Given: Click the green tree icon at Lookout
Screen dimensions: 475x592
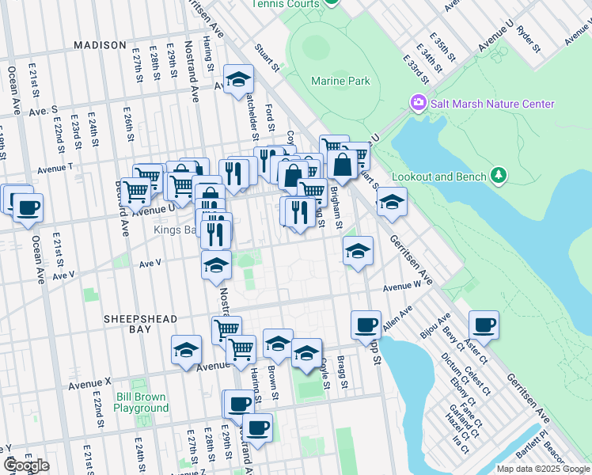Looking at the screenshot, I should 499,174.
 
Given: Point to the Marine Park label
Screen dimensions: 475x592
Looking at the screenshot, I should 340,82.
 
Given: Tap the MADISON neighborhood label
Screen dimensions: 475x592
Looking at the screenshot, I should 100,45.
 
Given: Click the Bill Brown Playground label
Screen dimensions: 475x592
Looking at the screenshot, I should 141,402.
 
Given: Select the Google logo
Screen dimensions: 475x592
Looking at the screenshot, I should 25,465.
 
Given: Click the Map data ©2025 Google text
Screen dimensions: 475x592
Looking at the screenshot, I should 544,469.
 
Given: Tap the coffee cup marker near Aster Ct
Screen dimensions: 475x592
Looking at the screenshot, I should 484,325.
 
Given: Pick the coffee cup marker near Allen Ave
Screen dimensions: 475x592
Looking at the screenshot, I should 366,325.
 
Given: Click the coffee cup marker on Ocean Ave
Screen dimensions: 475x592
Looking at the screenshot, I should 28,208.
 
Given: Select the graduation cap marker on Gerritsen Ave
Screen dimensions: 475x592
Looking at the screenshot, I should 392,202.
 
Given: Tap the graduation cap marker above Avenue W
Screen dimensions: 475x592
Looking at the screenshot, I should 358,252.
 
